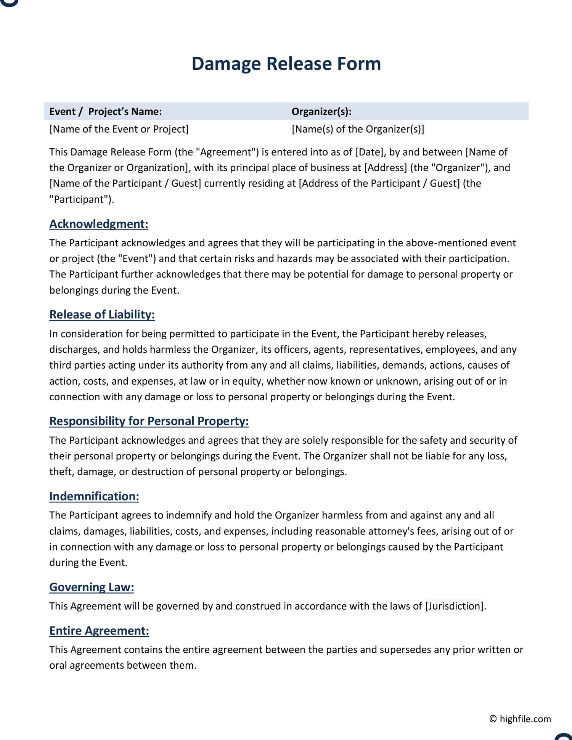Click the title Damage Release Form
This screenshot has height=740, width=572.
[286, 64]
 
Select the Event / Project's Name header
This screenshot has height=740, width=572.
[106, 112]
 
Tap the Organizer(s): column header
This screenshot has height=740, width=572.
[321, 112]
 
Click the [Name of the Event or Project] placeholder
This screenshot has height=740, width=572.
[119, 129]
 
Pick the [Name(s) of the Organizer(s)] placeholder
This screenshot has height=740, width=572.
[358, 129]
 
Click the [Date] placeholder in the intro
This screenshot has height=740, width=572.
[369, 152]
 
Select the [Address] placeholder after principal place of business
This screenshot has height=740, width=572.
[386, 168]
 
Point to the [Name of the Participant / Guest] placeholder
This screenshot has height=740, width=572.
[125, 183]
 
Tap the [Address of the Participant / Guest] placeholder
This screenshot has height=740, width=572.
[379, 183]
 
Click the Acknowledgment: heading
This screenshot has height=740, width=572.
[99, 224]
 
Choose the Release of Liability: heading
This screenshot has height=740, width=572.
[102, 315]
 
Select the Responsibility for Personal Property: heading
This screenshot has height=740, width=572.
[149, 421]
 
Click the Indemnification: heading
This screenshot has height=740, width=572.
[94, 496]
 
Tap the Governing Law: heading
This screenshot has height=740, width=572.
[92, 587]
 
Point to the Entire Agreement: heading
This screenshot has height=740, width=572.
[99, 631]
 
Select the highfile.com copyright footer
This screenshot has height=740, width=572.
[520, 719]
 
